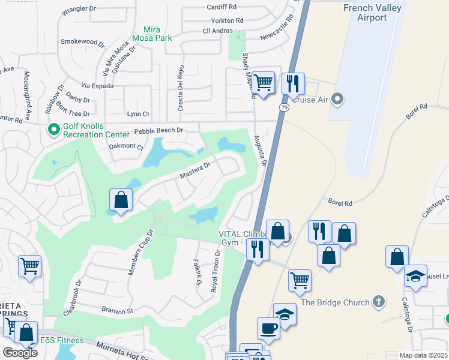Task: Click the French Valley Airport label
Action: (373, 13)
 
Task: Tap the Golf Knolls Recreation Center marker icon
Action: (53, 128)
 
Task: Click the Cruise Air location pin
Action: (337, 98)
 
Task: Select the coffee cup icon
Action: (268, 328)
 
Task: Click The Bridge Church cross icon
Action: (378, 302)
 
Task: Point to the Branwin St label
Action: (116, 311)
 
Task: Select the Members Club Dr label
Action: (139, 253)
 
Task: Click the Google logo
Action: (20, 352)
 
